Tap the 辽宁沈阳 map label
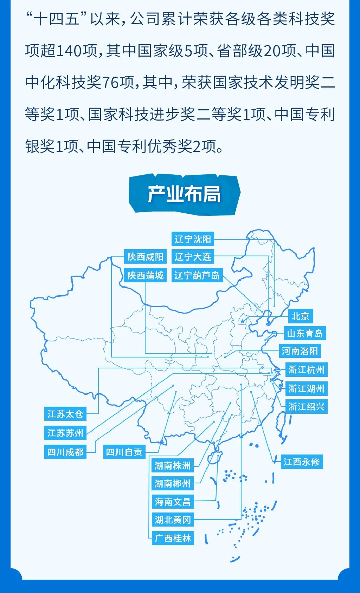[x=193, y=239]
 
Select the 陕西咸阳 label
[x=145, y=257]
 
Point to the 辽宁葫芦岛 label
[x=197, y=275]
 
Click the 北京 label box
[x=300, y=316]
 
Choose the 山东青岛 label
[x=305, y=333]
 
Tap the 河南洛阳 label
[x=300, y=351]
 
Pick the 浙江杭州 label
[x=306, y=370]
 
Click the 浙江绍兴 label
[x=306, y=407]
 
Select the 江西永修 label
[x=302, y=462]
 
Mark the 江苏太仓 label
[x=65, y=414]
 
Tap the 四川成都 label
[x=65, y=452]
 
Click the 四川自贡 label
[x=124, y=452]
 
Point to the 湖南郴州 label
[x=173, y=484]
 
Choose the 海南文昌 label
[x=173, y=502]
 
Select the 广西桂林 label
[x=173, y=538]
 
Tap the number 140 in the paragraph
[x=68, y=51]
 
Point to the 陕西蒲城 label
[x=145, y=275]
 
